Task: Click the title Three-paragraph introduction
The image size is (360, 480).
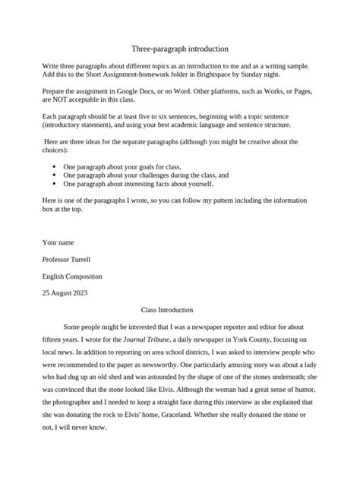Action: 180,48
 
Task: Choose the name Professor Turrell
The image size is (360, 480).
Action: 71,260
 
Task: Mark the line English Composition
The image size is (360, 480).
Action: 72,276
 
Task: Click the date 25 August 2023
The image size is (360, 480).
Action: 67,293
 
